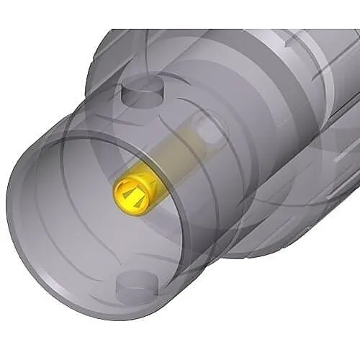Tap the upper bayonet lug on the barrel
141,93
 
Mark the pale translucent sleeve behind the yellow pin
176,155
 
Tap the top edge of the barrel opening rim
86,123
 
